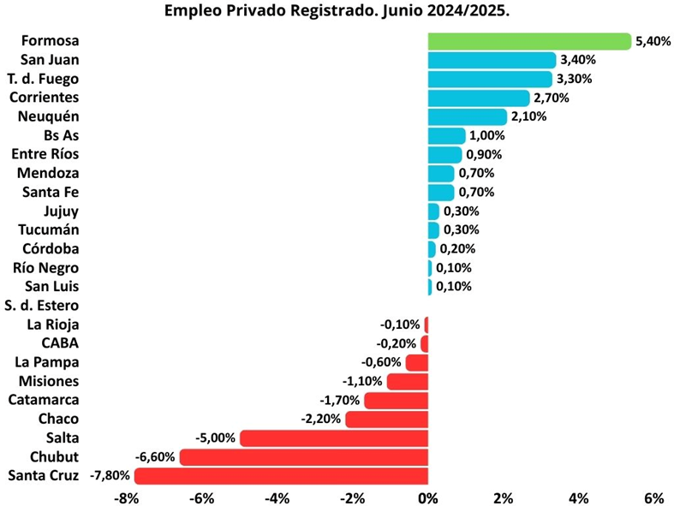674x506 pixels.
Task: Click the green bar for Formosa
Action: pos(529,41)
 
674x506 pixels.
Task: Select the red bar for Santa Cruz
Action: pos(281,476)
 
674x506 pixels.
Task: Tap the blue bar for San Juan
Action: pos(492,60)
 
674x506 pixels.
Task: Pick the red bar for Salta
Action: pos(334,438)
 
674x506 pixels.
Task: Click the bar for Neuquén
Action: pos(468,116)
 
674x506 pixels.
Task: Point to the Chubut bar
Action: pos(303,457)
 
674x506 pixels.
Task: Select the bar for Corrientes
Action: pos(479,98)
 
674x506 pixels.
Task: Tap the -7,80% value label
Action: pos(110,476)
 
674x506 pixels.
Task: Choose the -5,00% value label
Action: pos(216,438)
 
